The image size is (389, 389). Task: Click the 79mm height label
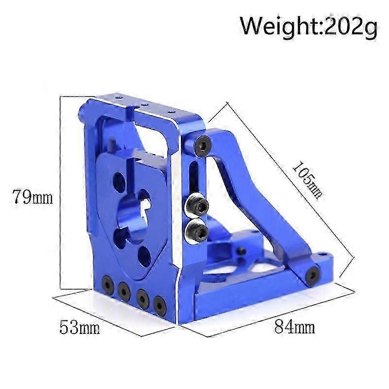click(x=33, y=197)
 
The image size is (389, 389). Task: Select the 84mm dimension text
click(x=295, y=327)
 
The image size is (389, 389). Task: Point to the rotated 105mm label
click(x=307, y=178)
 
